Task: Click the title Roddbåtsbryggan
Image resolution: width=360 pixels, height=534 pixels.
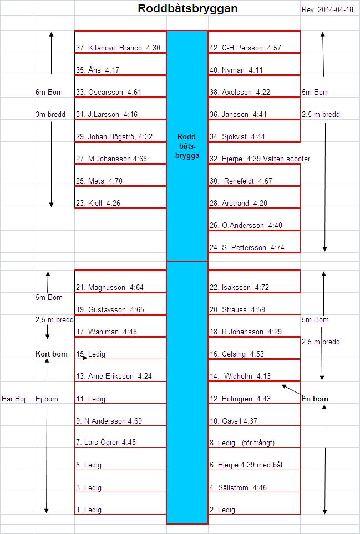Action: tap(187, 8)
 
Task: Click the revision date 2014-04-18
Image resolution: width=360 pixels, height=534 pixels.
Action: tap(336, 10)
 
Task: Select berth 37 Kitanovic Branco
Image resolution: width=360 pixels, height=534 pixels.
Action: tap(118, 48)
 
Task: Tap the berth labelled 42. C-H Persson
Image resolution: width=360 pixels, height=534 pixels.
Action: tap(245, 48)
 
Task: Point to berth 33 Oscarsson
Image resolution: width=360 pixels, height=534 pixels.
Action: tap(109, 92)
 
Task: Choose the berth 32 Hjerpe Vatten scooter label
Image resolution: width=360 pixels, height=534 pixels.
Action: tap(260, 159)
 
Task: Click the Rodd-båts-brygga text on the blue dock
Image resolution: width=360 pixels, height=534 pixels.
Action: tap(187, 146)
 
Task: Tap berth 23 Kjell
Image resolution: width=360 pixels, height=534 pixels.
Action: tap(98, 204)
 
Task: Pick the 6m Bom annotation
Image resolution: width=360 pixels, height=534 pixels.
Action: tap(49, 92)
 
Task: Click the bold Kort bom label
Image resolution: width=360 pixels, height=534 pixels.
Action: tap(52, 354)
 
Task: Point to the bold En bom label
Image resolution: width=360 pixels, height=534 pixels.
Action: tap(315, 399)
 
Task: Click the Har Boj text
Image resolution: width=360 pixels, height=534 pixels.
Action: tap(14, 399)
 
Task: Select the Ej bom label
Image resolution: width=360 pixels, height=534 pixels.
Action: tap(47, 399)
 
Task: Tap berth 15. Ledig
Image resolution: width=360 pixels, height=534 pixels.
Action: tap(90, 354)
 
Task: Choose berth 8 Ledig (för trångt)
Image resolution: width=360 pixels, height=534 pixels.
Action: tap(242, 443)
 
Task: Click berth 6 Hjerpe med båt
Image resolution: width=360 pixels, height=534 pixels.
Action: tap(246, 465)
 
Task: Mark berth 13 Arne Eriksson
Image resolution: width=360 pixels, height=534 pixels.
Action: tap(114, 377)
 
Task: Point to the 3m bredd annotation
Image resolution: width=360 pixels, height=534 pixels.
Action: tap(50, 114)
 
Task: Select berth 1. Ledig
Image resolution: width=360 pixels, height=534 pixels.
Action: tap(89, 510)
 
